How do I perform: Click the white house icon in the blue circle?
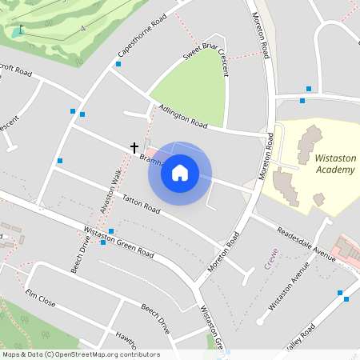click(180, 173)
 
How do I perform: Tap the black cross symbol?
click(134, 147)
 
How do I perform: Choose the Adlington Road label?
click(182, 117)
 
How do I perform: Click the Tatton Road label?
click(142, 206)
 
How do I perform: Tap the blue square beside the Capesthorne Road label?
click(118, 63)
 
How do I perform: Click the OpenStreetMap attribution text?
click(80, 354)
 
